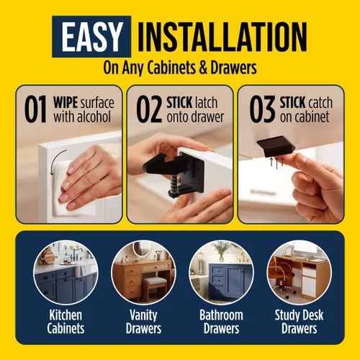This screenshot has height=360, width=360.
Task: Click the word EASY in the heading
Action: pyautogui.click(x=91, y=37)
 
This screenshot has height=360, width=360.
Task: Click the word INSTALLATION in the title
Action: pyautogui.click(x=222, y=37)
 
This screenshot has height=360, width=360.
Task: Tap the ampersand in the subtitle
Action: pyautogui.click(x=203, y=68)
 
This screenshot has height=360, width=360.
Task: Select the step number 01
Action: pyautogui.click(x=35, y=109)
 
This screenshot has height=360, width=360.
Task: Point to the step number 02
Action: pyautogui.click(x=149, y=109)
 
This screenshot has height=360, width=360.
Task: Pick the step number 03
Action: pyautogui.click(x=262, y=109)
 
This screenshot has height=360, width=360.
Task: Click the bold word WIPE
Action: pyautogui.click(x=66, y=103)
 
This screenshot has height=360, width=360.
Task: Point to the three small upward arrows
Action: pyautogui.click(x=276, y=163)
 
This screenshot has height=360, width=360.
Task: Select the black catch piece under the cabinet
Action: pyautogui.click(x=276, y=146)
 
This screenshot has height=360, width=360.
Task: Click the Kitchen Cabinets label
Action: pyautogui.click(x=66, y=322)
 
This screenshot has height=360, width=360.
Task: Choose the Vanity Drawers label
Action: pyautogui.click(x=143, y=322)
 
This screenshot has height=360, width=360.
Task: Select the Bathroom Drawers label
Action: pyautogui.click(x=221, y=322)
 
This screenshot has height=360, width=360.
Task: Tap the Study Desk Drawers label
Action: pyautogui.click(x=299, y=322)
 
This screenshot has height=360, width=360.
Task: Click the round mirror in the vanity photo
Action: pyautogui.click(x=142, y=249)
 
